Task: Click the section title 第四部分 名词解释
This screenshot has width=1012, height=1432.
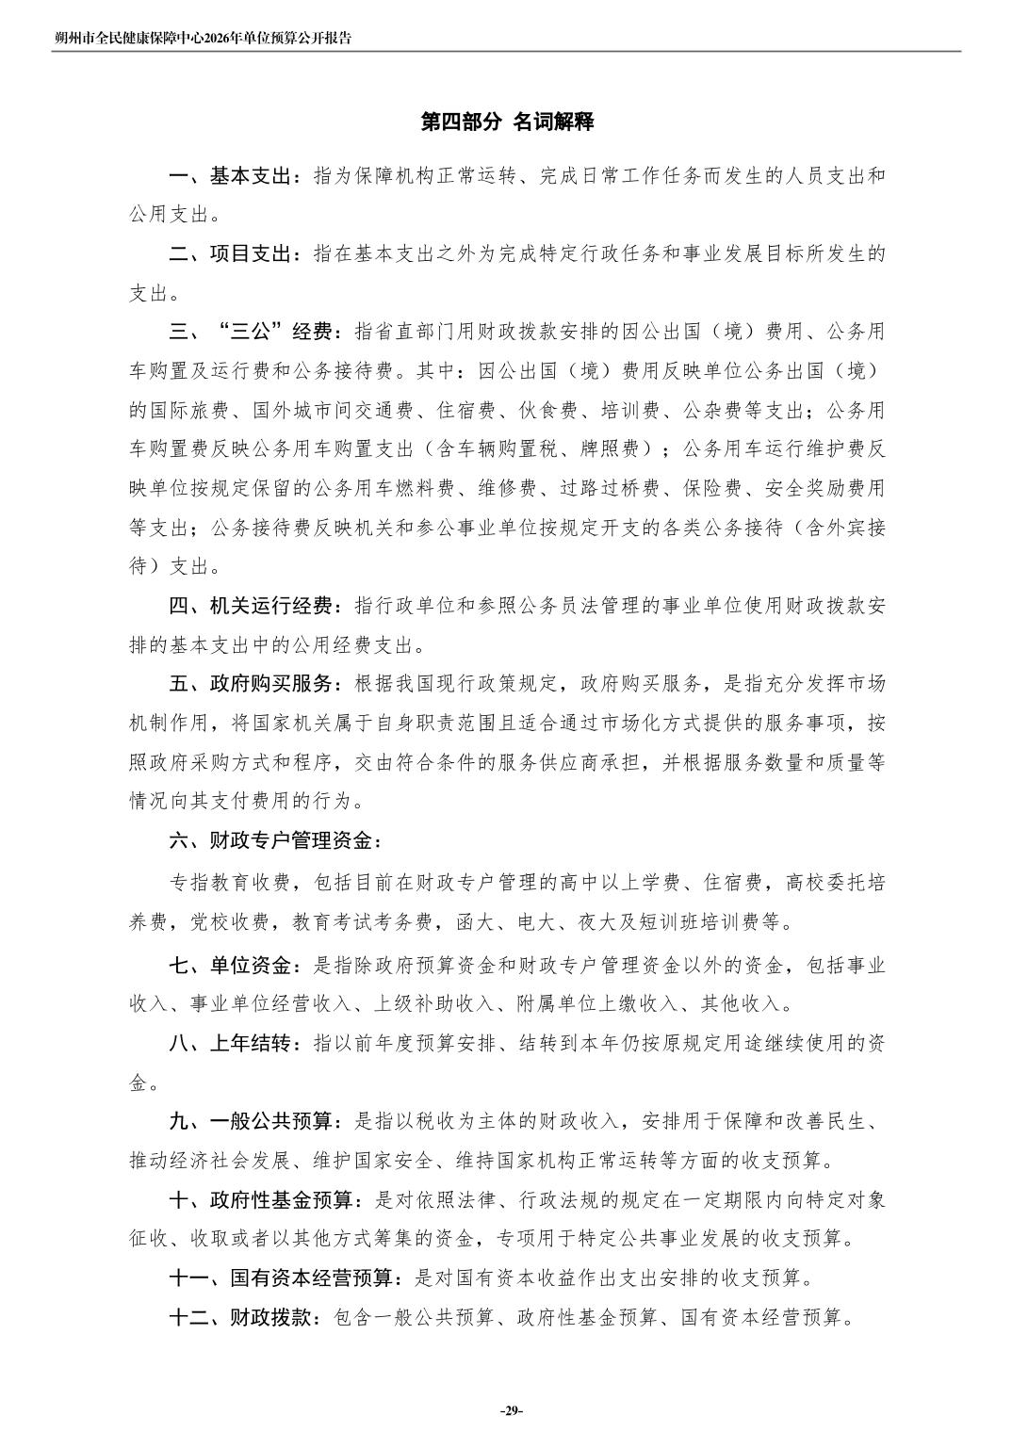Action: pos(506,122)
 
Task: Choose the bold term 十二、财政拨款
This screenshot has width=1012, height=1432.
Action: pos(241,1318)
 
